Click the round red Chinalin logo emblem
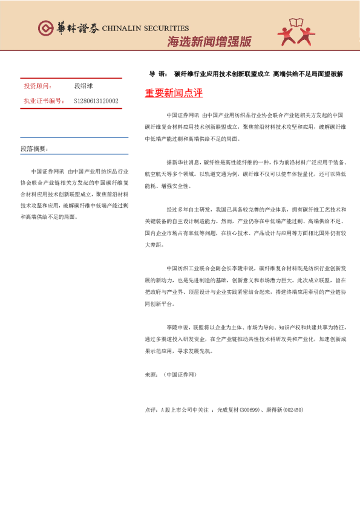point(45,28)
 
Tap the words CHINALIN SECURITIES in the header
point(145,28)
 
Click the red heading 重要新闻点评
point(174,93)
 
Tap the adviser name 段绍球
point(83,86)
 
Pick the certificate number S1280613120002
point(96,101)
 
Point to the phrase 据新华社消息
point(183,163)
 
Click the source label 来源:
point(151,375)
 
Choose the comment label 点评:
point(151,410)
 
